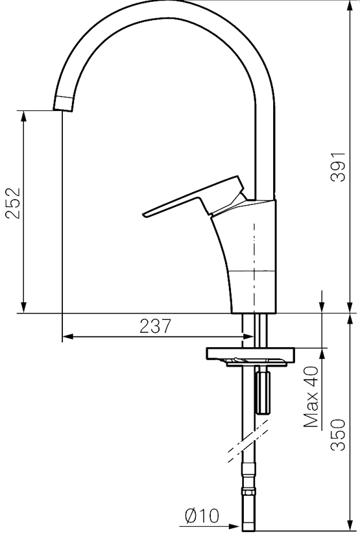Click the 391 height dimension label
pos(339,167)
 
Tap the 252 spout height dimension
pos(14,203)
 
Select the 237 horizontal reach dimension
pos(155,326)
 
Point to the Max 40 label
pos(311,397)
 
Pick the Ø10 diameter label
pos(202,515)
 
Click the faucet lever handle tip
pos(145,214)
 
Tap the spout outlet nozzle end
pos(63,104)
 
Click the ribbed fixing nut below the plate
pos(262,393)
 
